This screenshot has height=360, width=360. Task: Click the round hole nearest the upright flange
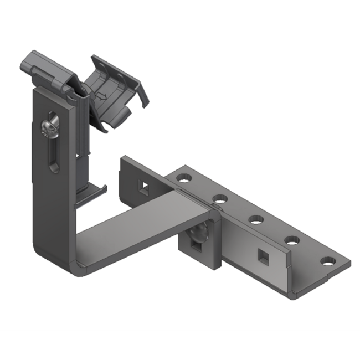click(183, 178)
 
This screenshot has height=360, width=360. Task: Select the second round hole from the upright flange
click(220, 198)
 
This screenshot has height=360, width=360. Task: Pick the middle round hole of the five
click(255, 219)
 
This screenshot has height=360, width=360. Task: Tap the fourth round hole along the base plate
click(292, 240)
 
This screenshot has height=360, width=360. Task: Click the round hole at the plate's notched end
click(328, 260)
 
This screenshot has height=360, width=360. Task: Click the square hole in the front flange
click(261, 255)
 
